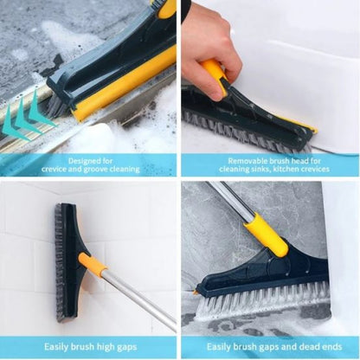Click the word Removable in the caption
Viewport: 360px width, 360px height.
(x=252, y=160)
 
